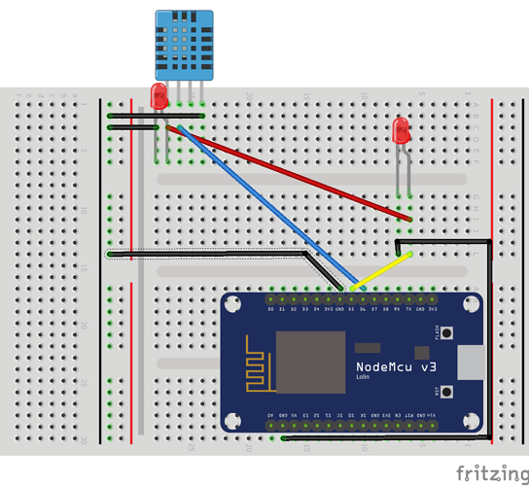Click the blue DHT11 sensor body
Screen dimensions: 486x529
coord(182,45)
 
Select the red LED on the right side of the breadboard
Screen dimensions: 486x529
coord(399,130)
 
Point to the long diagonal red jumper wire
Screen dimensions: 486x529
coord(292,174)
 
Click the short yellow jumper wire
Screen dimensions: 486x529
coord(381,271)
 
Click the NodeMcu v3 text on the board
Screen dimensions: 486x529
coord(396,365)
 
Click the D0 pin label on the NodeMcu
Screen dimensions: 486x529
coord(269,309)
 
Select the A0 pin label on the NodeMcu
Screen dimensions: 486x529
coord(269,415)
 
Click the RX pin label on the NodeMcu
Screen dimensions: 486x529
coord(397,309)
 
